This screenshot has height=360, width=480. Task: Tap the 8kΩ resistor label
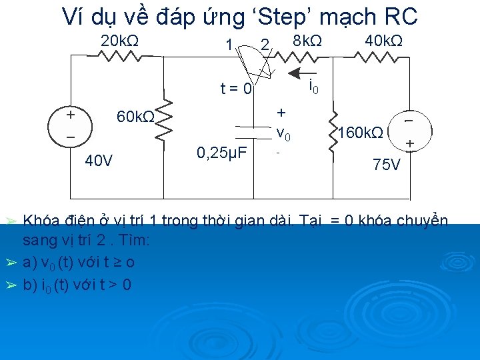click(x=307, y=41)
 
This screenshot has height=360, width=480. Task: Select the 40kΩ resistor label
click(x=383, y=41)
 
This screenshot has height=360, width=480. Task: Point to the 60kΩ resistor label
click(x=135, y=117)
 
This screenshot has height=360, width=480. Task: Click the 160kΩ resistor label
click(x=361, y=132)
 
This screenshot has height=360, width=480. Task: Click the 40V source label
click(x=99, y=161)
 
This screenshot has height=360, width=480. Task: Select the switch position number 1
click(x=229, y=46)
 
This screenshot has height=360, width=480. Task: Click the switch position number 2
click(x=265, y=45)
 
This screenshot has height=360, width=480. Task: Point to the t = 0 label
click(x=237, y=89)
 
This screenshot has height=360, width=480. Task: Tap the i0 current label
click(x=312, y=86)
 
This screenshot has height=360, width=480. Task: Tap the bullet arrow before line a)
click(x=10, y=263)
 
